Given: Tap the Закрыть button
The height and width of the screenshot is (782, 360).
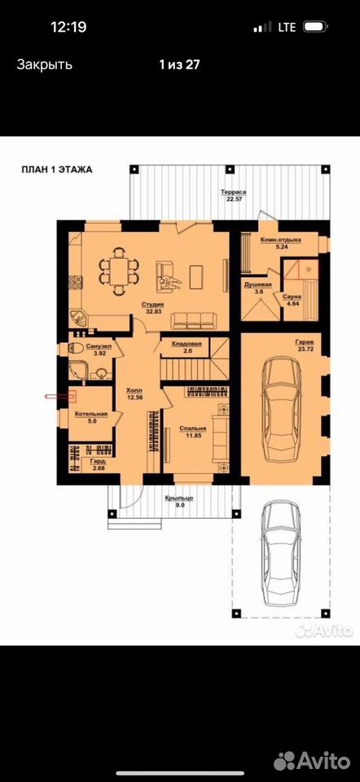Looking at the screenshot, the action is pos(44,64).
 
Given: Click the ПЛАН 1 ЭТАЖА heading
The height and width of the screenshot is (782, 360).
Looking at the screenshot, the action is pos(56,169).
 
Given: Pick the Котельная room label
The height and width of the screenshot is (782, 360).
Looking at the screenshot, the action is pos(91,414).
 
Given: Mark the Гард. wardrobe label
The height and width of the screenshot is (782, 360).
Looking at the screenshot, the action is pos(97,462).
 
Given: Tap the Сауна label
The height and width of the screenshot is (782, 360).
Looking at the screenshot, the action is pos(291,297).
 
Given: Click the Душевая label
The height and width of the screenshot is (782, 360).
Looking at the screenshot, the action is pos(257,285).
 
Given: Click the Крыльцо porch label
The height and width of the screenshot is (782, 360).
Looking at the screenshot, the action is pos(179,498).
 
